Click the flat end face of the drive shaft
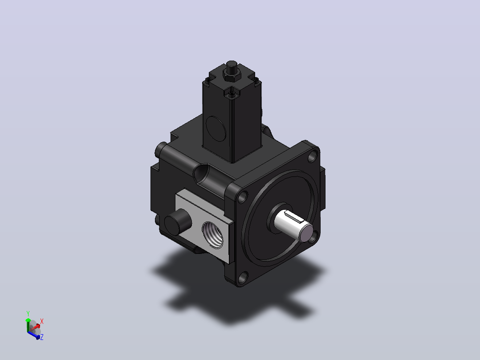coord(306,233)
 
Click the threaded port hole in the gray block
coord(212,235)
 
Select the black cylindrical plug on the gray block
coord(178,222)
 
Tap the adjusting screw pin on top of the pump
coord(232,67)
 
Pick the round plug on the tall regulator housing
coord(216,128)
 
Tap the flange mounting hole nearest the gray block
coord(242,196)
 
